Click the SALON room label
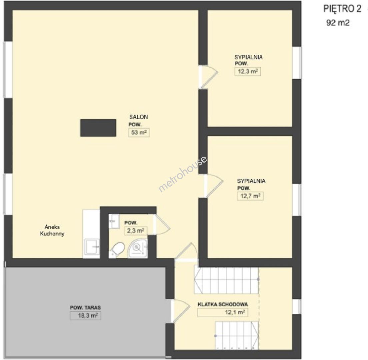tap(138, 117)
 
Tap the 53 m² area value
tap(139, 133)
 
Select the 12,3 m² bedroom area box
tap(248, 71)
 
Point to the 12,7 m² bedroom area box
tap(250, 196)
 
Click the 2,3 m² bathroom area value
tap(135, 231)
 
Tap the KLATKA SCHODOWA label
tap(223, 305)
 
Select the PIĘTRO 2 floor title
tap(342, 9)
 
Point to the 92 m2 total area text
tap(338, 23)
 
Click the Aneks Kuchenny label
tap(52, 230)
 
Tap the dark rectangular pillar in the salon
tap(98, 128)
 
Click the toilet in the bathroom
tap(117, 250)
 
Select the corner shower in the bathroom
tap(137, 249)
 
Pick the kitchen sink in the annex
tap(92, 247)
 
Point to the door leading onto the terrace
tap(180, 311)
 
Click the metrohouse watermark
tap(183, 174)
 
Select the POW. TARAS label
tap(85, 307)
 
